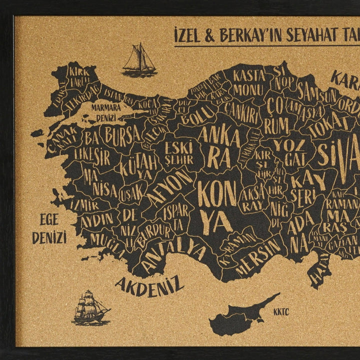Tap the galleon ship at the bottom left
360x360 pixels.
click(x=90, y=307)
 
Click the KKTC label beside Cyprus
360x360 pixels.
click(x=281, y=312)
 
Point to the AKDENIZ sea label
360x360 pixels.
click(x=149, y=285)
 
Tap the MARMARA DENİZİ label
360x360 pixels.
click(x=105, y=112)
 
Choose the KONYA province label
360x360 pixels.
click(x=215, y=205)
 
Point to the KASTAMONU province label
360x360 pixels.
click(x=248, y=83)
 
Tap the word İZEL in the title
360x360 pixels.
click(x=190, y=36)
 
